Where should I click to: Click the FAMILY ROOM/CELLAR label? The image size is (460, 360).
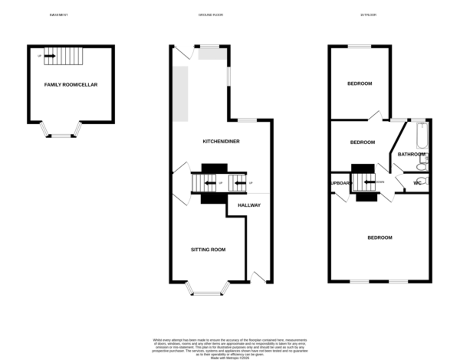(x=71, y=85)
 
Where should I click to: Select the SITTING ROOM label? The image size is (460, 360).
(x=208, y=250)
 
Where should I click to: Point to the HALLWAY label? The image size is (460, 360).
(x=249, y=205)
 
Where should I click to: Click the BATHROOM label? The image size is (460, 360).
(x=411, y=154)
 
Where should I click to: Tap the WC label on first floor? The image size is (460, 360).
(x=417, y=183)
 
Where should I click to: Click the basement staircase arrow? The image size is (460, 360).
(x=50, y=56)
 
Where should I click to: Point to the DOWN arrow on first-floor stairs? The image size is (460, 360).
(x=369, y=182)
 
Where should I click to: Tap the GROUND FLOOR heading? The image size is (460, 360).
(x=210, y=15)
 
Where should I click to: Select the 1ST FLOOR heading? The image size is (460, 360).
(x=368, y=15)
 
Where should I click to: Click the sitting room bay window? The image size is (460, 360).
(x=207, y=293)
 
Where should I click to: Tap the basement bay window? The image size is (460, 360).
(x=61, y=135)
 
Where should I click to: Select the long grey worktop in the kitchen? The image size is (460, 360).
(x=180, y=94)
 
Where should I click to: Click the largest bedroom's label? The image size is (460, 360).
(x=380, y=238)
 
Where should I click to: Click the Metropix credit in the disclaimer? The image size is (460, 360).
(x=230, y=357)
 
